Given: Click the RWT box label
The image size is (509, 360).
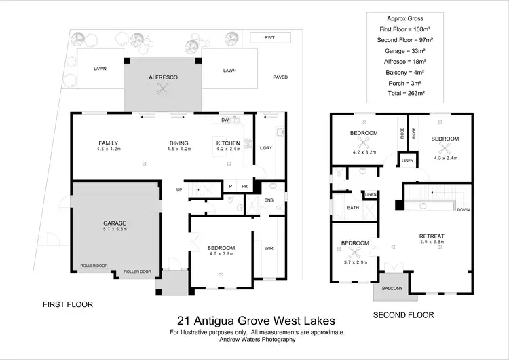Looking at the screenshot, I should coord(270,37).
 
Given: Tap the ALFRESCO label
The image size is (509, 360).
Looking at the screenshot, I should coord(163,78).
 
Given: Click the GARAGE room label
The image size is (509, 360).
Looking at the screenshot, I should coord(115,223).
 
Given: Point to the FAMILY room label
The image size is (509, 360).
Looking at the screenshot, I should coord(109,143).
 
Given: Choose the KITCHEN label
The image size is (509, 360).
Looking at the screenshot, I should coord(228,143).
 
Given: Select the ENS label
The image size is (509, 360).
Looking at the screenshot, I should coord(269,200).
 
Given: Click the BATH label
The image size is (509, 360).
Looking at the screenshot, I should coord(353,208).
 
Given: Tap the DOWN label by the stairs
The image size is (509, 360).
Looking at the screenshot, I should coord(464,210).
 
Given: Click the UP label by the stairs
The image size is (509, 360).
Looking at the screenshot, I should coord(179,190).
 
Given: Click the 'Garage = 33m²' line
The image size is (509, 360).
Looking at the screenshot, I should coord(405,51).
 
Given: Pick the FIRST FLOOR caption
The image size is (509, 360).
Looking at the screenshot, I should coord(68,304).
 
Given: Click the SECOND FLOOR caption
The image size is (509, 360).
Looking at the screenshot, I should coord(404,315).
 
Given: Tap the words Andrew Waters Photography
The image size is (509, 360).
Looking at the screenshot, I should coord(257,340).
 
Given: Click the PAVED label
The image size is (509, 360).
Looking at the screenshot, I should coord(280,77).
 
